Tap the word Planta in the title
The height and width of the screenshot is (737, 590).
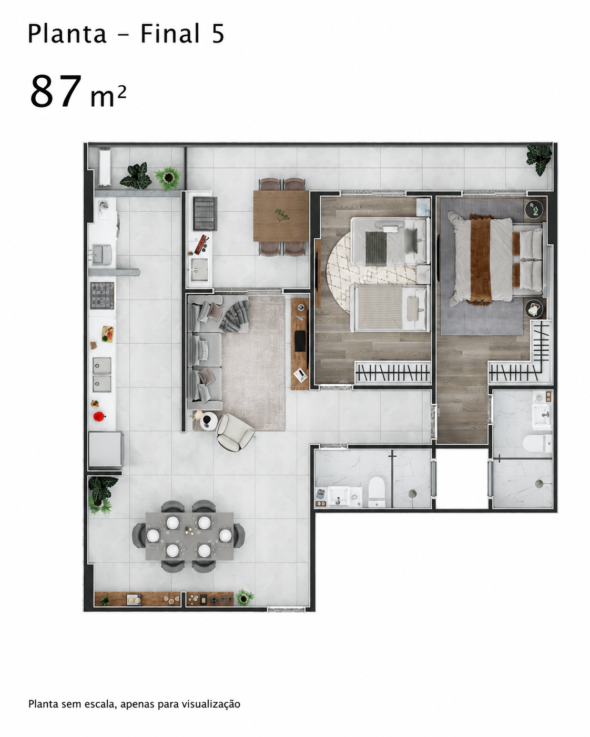coord(67,34)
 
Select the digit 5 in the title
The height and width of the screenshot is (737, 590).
coord(218,34)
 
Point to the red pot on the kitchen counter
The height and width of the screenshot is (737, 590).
coord(99,416)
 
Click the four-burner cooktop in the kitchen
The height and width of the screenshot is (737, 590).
coord(102,295)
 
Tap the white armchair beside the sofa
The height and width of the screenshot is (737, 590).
coord(235,432)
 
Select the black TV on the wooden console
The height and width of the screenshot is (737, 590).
coord(300,341)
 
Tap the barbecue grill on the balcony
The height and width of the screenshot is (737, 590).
coord(205,214)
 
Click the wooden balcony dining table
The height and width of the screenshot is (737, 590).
coord(281,216)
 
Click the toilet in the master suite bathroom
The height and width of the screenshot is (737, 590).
coord(537,444)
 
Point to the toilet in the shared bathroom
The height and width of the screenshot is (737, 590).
coord(377,492)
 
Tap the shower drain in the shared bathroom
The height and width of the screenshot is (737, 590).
coord(412,493)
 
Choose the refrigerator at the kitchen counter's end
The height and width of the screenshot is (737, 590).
coord(106,449)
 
